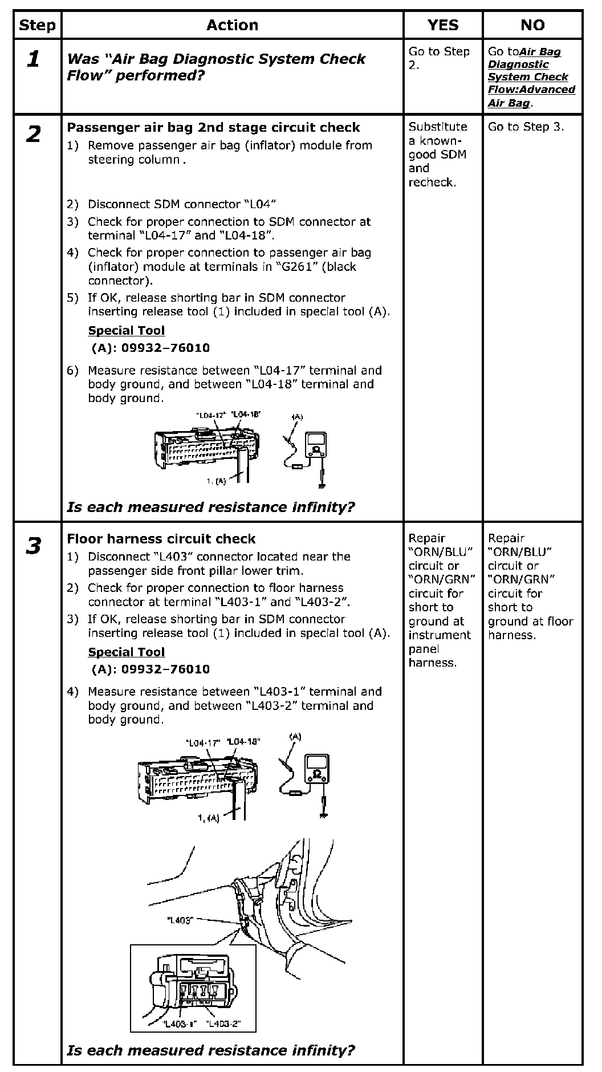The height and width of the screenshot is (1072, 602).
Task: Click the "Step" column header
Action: click(37, 25)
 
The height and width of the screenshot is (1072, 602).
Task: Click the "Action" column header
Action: click(232, 25)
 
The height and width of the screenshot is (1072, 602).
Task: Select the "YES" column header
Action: click(442, 25)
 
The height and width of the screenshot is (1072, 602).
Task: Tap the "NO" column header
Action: click(532, 25)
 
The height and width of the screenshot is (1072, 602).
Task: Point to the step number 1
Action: click(34, 59)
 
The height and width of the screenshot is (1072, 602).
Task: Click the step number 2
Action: click(34, 135)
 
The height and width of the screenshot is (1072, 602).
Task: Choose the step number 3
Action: click(34, 546)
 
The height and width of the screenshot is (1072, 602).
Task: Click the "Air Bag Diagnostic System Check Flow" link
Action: click(531, 77)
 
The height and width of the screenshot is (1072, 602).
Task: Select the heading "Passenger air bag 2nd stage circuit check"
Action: click(213, 127)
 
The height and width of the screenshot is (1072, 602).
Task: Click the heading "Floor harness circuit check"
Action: click(161, 539)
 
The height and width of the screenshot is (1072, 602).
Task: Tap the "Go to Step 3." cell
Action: click(526, 127)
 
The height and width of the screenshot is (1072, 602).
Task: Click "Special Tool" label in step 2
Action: click(126, 331)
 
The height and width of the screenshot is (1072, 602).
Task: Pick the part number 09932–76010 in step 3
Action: click(150, 669)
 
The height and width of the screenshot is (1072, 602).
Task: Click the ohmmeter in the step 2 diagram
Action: click(315, 445)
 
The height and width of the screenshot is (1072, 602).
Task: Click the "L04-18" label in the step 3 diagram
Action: click(243, 742)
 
